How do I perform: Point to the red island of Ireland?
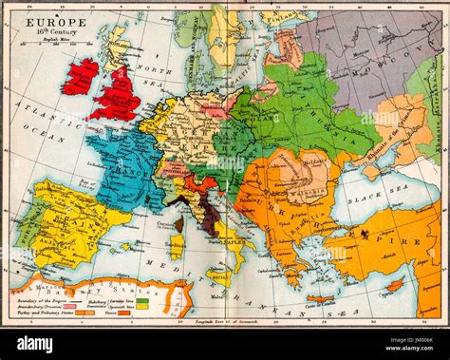pos(80,76)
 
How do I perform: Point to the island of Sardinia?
pos(177,246)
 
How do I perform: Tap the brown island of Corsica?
pos(178,223)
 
